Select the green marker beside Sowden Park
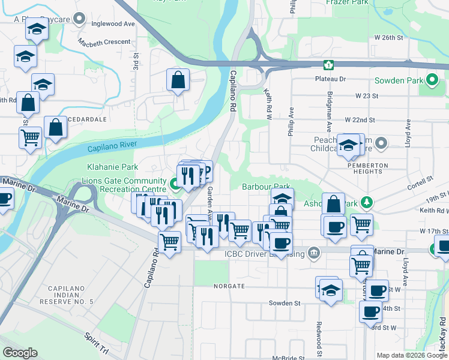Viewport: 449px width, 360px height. (x=433, y=80)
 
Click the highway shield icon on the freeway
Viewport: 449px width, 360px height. (x=328, y=65)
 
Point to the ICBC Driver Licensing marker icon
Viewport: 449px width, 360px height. (x=313, y=253)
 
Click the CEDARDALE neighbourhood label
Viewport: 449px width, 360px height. (x=87, y=119)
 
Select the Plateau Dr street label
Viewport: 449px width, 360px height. (x=331, y=79)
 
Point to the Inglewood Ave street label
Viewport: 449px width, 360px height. (x=113, y=24)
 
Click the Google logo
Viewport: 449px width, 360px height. (x=20, y=353)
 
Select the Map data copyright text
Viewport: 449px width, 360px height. (x=412, y=355)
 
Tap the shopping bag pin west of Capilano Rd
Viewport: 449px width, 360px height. (x=178, y=79)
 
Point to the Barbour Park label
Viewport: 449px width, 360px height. (x=267, y=187)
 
